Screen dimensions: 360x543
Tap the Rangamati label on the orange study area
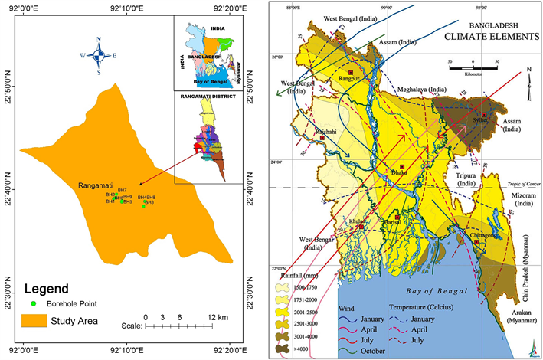tap(96, 185)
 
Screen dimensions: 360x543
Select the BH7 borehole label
tap(123, 190)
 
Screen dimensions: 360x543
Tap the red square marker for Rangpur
tap(350, 72)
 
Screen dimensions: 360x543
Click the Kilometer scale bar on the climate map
tap(473, 68)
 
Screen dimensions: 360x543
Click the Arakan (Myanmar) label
tap(524, 322)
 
